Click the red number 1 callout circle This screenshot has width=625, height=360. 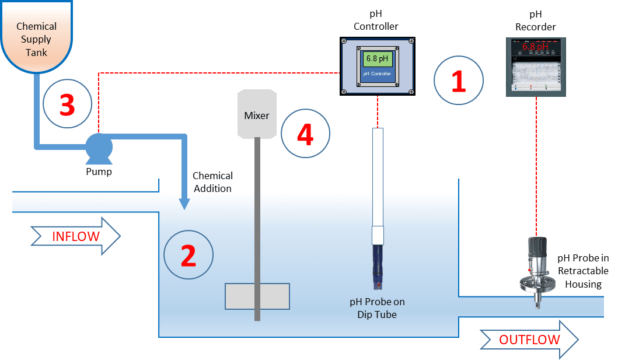(x=459, y=80)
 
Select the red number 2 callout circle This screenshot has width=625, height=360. (x=188, y=255)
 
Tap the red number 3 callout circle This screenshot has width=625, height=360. (x=68, y=103)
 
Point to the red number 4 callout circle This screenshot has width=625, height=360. (x=305, y=134)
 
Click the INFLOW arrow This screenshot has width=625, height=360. (x=76, y=236)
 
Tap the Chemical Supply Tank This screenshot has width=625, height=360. (x=36, y=35)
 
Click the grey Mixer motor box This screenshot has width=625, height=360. (x=257, y=114)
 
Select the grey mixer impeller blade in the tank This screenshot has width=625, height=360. (x=257, y=296)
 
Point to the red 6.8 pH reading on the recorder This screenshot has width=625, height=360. (x=535, y=46)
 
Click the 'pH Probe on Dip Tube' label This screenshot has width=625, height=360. (x=377, y=308)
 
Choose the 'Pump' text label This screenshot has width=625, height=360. (x=99, y=172)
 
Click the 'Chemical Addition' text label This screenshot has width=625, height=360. (x=212, y=182)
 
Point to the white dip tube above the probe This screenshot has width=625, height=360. (x=378, y=181)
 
